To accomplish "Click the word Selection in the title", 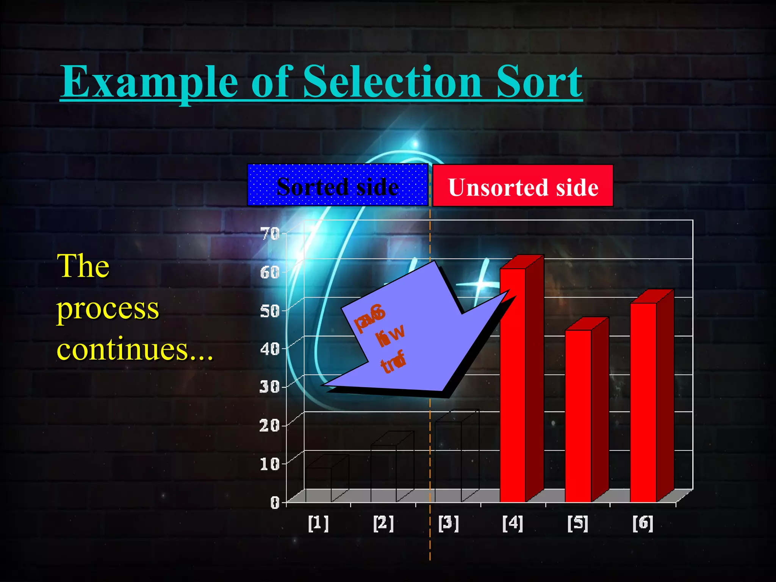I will tap(392, 81).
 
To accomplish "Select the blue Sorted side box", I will tap(337, 186).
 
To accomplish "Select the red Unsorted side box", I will tap(523, 186).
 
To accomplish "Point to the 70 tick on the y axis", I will tap(270, 234).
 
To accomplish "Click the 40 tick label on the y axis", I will tap(270, 349).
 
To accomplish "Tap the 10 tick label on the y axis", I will tap(270, 463).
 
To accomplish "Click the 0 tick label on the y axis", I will tap(275, 502).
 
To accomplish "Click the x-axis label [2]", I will tap(383, 524).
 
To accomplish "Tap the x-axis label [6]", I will tap(643, 524).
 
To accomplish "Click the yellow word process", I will tap(108, 309).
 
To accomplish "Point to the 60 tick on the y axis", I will tap(270, 272).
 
